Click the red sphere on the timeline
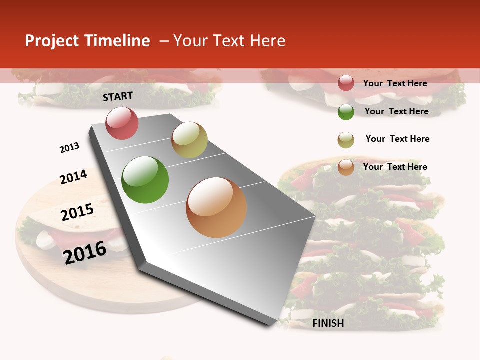122,123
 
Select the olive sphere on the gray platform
189,140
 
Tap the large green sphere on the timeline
145,180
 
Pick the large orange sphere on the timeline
216,207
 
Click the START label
118,96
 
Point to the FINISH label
328,323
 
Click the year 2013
69,148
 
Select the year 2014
73,177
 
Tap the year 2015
77,212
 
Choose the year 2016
85,252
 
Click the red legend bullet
346,83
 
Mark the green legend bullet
346,112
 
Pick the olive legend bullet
346,140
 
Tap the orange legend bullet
346,167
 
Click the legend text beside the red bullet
395,83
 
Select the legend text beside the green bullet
396,111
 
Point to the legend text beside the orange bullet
395,167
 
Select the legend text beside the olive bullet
397,139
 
